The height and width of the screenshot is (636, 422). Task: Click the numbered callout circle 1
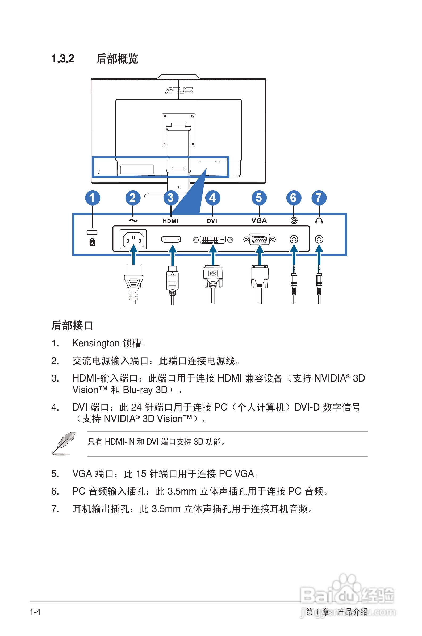click(93, 198)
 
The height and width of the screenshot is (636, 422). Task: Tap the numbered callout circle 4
click(213, 198)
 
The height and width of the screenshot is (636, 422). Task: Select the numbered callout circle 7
click(319, 198)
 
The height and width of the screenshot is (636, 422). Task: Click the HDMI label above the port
click(170, 221)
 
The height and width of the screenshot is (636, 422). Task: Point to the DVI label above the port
click(212, 221)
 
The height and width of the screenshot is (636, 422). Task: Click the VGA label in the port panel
click(259, 221)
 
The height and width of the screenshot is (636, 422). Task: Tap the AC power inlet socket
click(133, 239)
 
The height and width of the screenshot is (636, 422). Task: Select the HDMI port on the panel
click(171, 239)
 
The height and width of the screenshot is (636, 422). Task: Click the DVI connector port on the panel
click(213, 240)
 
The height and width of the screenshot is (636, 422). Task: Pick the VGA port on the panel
click(260, 239)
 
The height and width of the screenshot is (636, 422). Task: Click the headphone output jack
click(319, 239)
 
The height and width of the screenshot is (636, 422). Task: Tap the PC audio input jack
click(294, 239)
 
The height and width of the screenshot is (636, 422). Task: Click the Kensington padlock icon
click(92, 242)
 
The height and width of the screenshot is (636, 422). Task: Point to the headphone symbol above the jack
click(319, 221)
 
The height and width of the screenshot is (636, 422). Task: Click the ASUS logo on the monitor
click(179, 90)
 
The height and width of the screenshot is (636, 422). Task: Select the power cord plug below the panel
click(133, 282)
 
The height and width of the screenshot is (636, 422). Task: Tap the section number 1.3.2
click(63, 59)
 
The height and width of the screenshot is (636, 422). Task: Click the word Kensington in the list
click(96, 343)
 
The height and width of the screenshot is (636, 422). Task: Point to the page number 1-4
click(35, 612)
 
